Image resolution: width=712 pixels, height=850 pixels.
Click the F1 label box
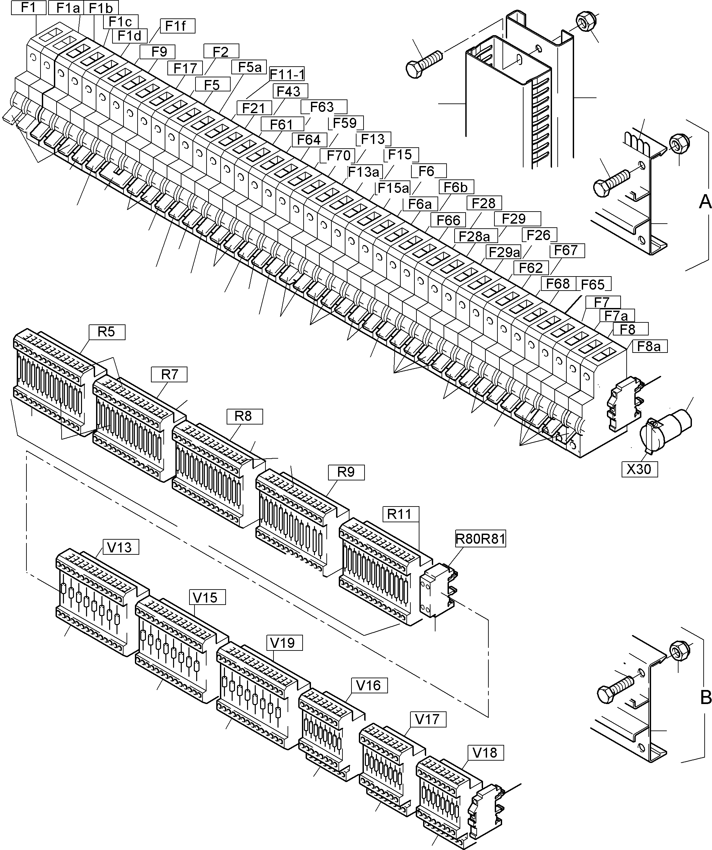tap(28, 8)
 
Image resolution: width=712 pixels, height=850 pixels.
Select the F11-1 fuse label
tap(287, 74)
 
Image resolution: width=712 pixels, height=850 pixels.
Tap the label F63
tap(322, 107)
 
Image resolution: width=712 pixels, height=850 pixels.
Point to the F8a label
tap(648, 346)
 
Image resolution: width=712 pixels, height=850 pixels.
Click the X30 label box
tap(639, 469)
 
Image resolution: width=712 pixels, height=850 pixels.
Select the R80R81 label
tap(480, 539)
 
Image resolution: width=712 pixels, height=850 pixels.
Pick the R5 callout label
tap(106, 332)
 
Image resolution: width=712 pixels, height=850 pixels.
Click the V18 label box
tap(484, 753)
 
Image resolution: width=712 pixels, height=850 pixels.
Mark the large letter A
tap(705, 201)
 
